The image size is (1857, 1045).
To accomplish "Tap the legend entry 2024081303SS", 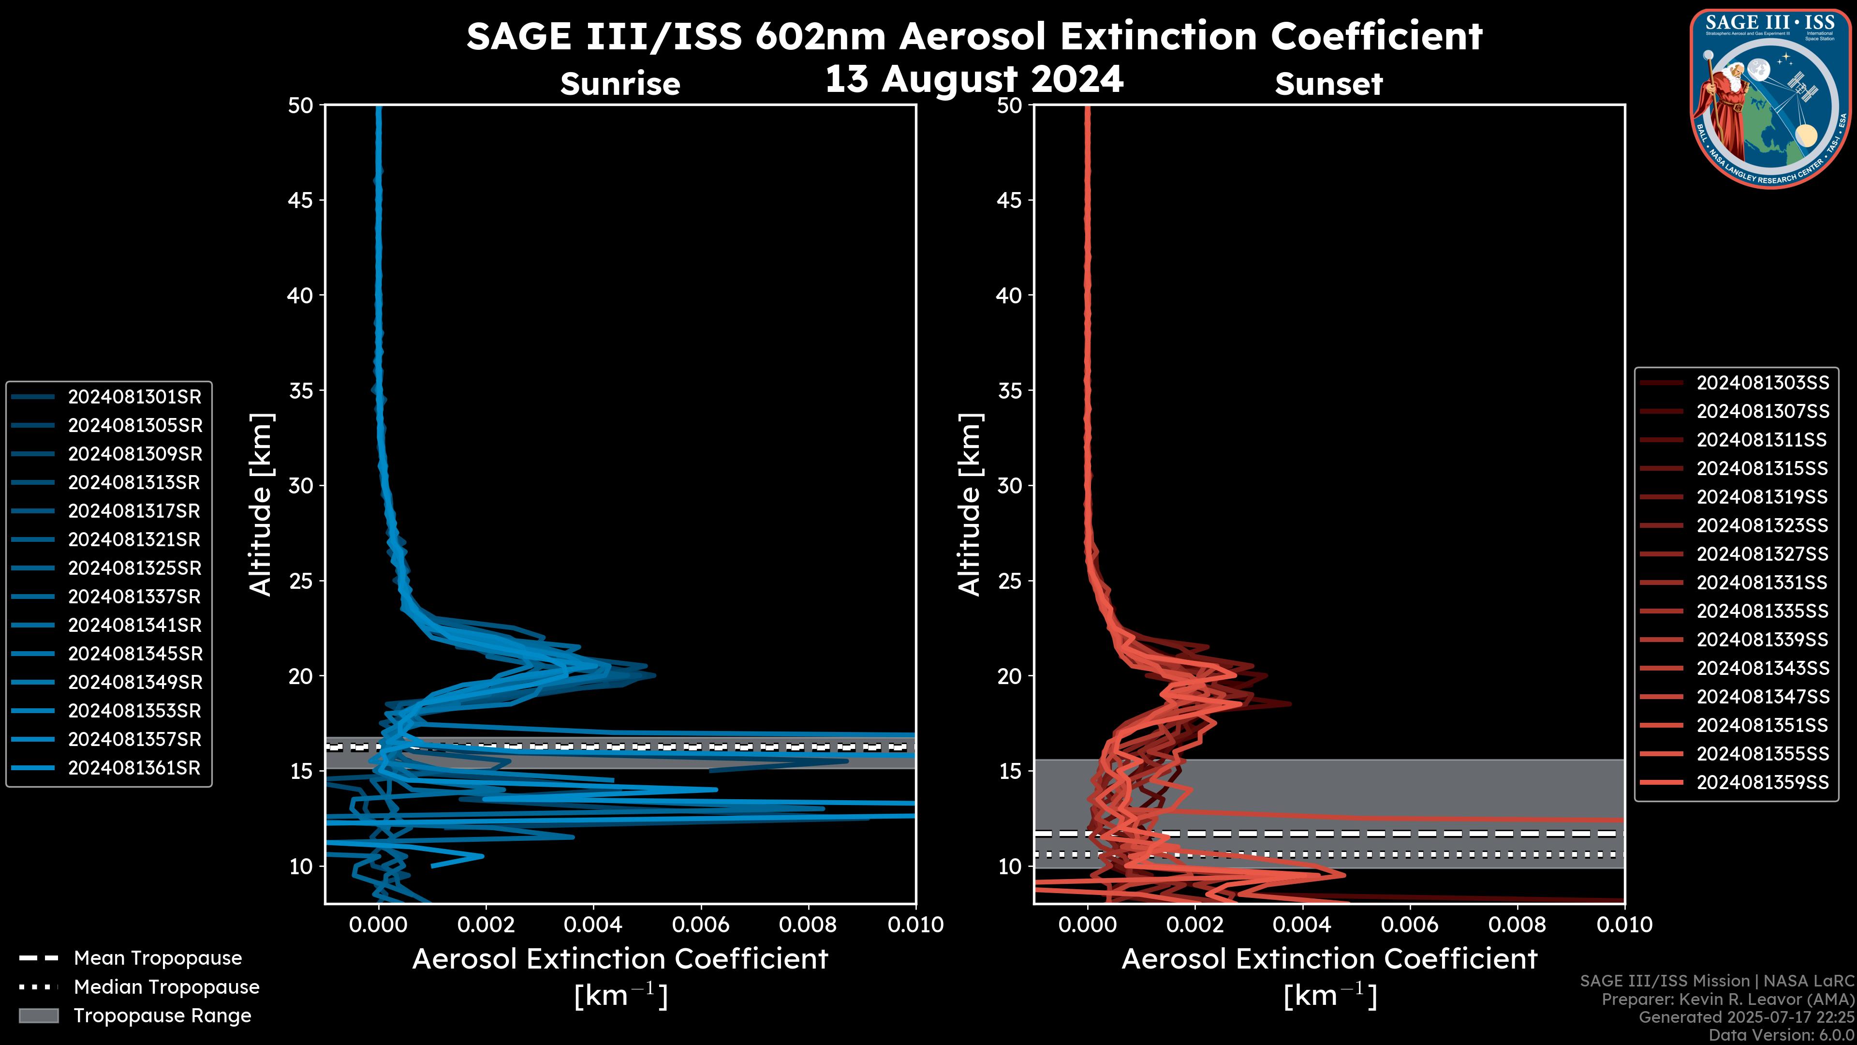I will pyautogui.click(x=1763, y=382).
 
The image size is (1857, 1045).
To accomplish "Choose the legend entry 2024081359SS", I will pyautogui.click(x=1763, y=782).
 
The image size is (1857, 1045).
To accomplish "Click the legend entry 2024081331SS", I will pyautogui.click(x=1763, y=582).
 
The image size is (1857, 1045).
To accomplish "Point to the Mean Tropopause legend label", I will pyautogui.click(x=158, y=958).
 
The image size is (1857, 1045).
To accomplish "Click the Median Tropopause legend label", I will pyautogui.click(x=166, y=986).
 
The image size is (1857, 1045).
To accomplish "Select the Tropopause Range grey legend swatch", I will pyautogui.click(x=39, y=1015).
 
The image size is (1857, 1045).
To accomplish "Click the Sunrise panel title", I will pyautogui.click(x=620, y=84).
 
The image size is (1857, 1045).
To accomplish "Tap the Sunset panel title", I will pyautogui.click(x=1328, y=84).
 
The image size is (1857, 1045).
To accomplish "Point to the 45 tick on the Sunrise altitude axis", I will pyautogui.click(x=301, y=200).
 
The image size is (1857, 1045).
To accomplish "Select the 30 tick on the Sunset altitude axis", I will pyautogui.click(x=1010, y=485).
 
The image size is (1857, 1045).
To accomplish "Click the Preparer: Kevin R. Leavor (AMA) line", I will pyautogui.click(x=1727, y=1000).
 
